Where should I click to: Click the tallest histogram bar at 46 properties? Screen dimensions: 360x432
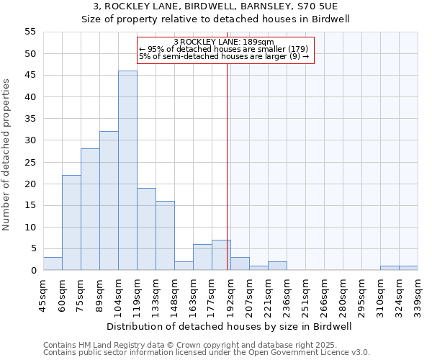pos(127,171)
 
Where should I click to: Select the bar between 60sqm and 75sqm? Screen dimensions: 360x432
pos(71,222)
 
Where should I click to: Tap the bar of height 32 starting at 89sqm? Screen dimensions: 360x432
pos(109,201)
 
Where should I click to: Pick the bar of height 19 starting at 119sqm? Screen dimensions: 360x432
pos(146,229)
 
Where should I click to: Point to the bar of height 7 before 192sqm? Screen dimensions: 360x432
pos(221,255)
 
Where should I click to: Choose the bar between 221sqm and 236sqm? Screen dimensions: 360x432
pos(277,266)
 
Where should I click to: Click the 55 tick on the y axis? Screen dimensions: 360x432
pos(30,32)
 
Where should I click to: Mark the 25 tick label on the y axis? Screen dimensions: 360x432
pos(30,162)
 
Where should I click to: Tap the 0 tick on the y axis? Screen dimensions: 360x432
pos(33,271)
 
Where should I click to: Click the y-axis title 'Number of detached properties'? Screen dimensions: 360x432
pos(7,155)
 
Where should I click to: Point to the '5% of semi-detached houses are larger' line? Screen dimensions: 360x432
pos(223,56)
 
